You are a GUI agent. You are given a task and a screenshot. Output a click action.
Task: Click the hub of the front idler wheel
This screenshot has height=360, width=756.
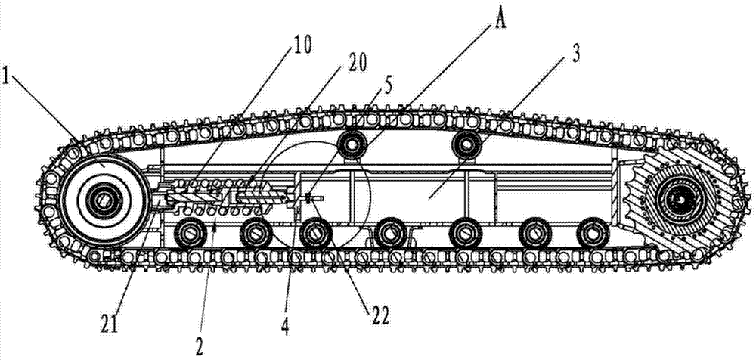pos(101,200)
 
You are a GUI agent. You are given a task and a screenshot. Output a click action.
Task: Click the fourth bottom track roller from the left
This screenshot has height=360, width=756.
pos(390,232)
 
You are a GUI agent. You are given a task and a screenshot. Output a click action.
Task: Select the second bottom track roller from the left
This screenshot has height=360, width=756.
pos(255,233)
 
